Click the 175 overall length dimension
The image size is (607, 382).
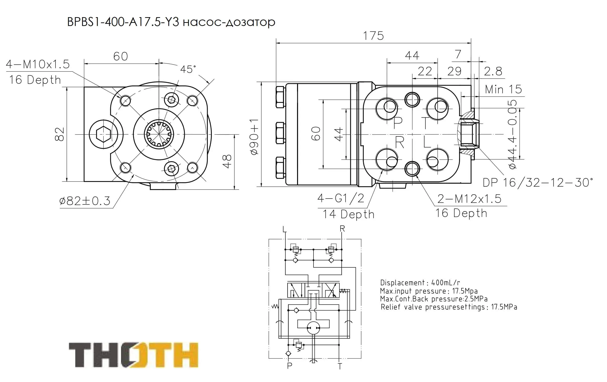(x=373, y=36)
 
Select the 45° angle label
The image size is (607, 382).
(x=188, y=69)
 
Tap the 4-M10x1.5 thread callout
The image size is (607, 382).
(x=38, y=64)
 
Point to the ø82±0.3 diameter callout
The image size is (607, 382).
(x=85, y=201)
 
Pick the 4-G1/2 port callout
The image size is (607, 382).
(x=341, y=199)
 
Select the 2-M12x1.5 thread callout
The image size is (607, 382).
(x=469, y=199)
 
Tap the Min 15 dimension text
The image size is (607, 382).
(x=503, y=90)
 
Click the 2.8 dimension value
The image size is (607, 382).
(x=493, y=71)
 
